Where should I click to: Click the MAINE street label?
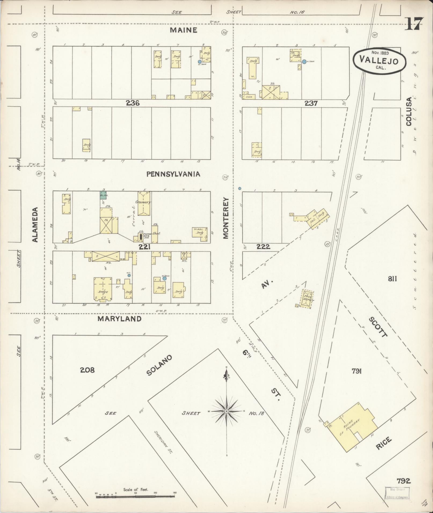click(x=184, y=30)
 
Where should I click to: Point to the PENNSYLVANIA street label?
click(x=173, y=174)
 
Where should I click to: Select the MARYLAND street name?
click(x=119, y=319)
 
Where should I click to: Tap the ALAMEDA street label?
click(x=35, y=224)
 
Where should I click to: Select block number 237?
click(x=311, y=103)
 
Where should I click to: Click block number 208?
click(x=87, y=370)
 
